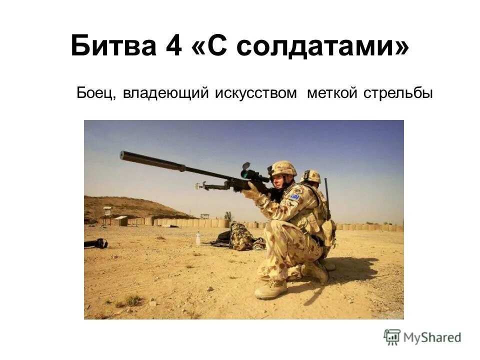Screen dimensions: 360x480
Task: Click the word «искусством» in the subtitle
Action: coord(256,93)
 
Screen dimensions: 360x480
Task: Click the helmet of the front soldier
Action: coord(283,168)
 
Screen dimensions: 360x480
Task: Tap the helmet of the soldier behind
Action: coord(311,175)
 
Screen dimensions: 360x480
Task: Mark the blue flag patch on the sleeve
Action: coord(294,197)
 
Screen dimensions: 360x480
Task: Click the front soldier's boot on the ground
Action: coord(271,289)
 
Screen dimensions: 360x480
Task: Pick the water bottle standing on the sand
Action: coord(198,238)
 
